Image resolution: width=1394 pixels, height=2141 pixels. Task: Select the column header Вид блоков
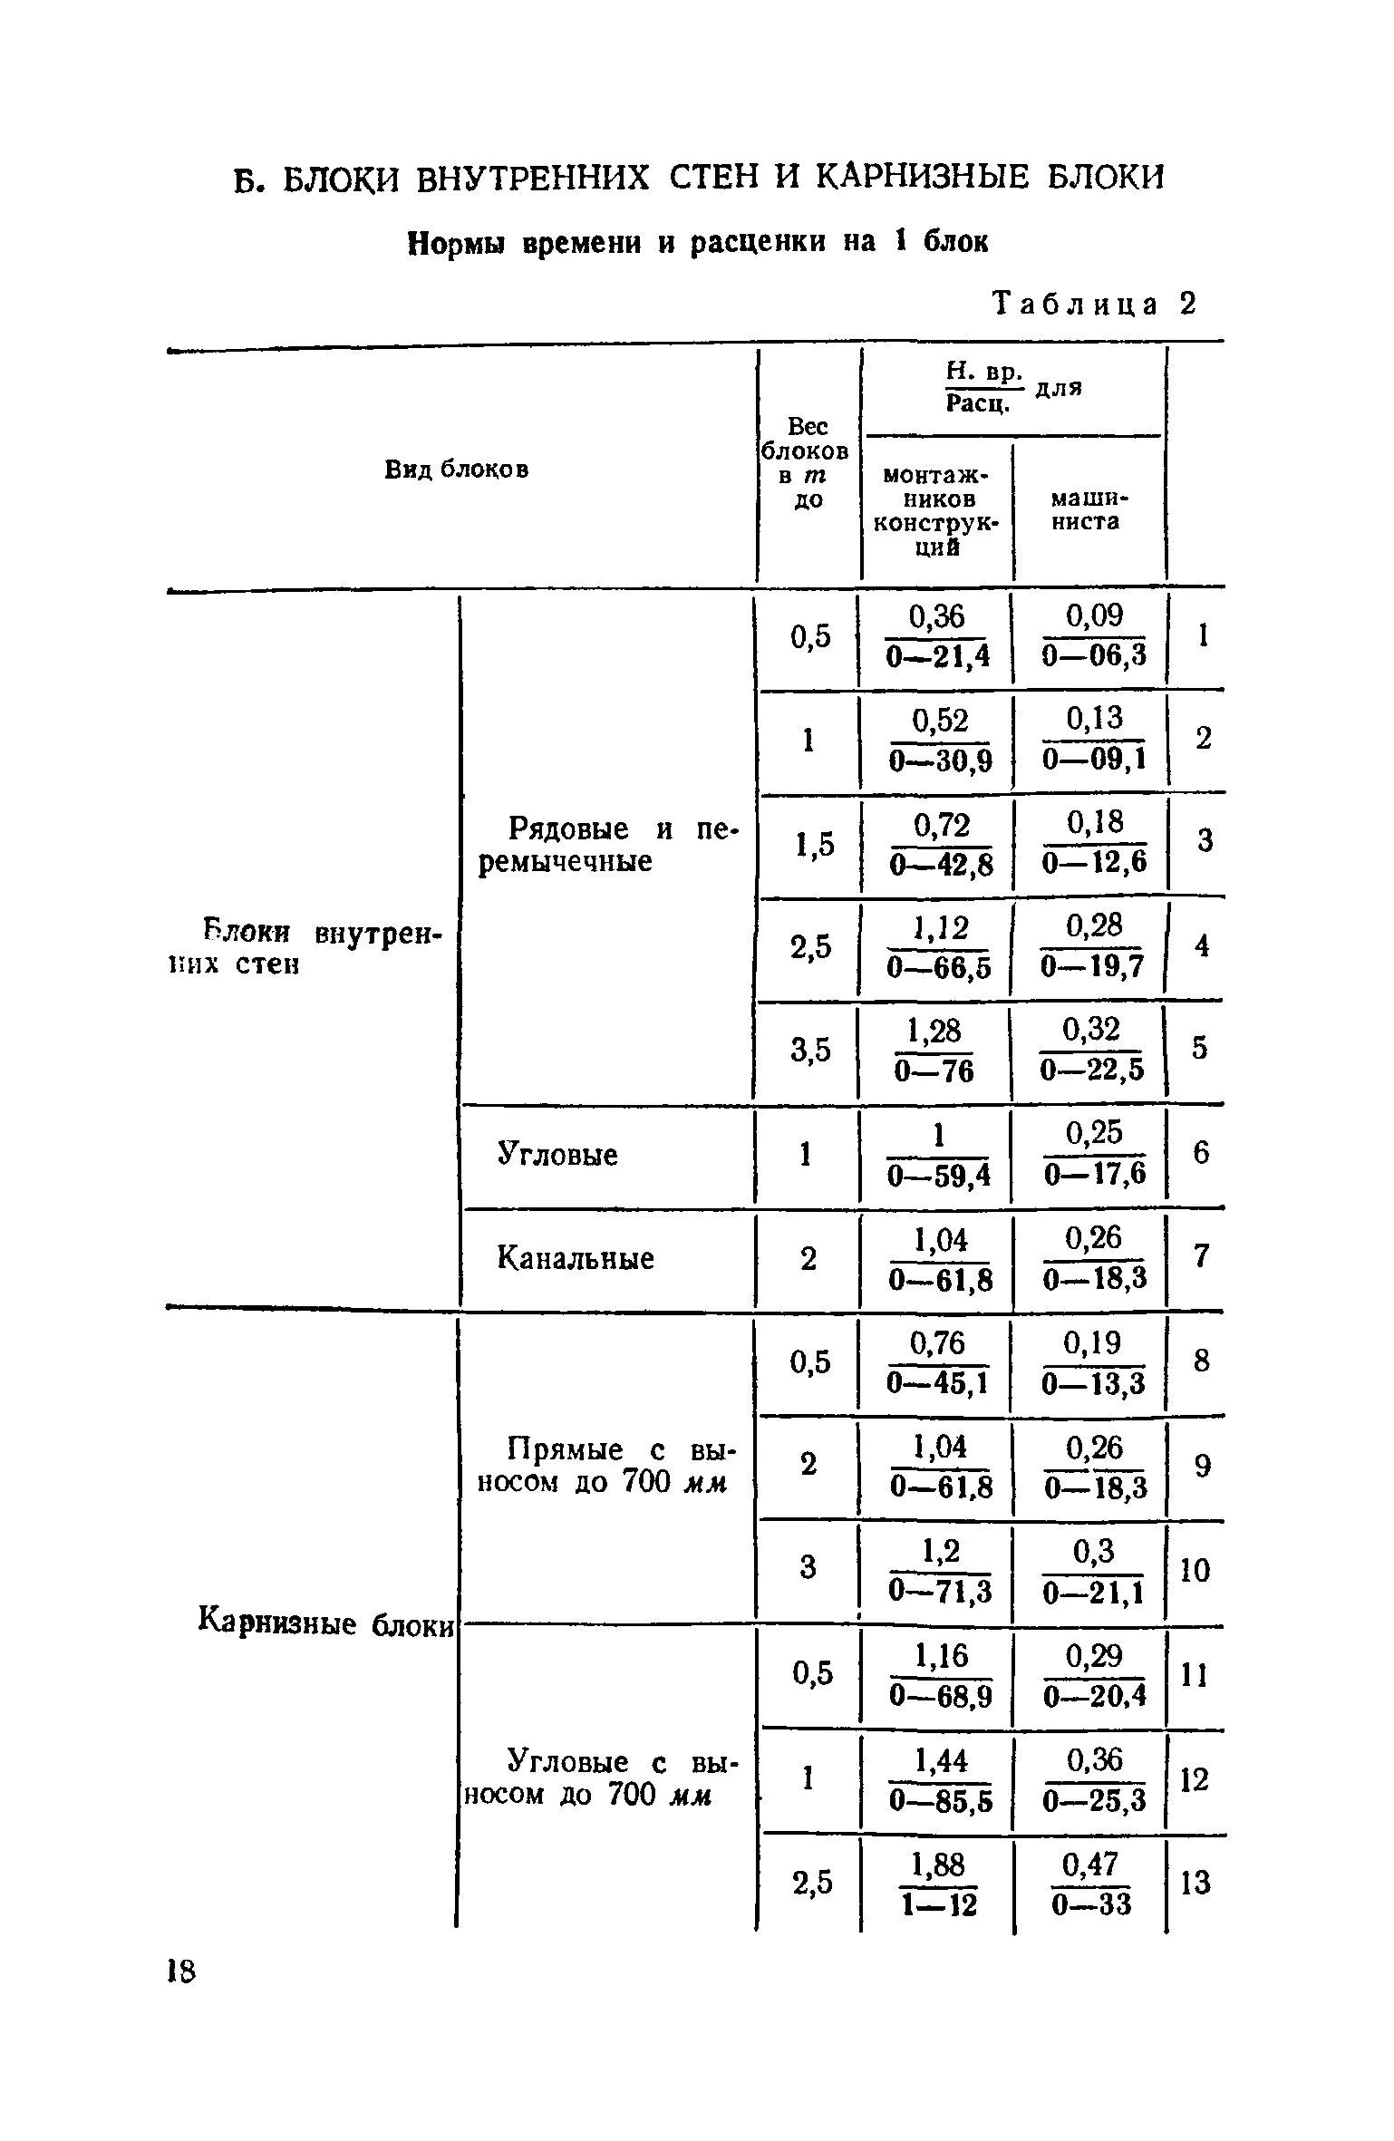pos(457,469)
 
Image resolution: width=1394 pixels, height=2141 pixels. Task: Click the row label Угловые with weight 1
pos(557,1155)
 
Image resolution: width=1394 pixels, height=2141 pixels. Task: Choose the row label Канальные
pos(576,1258)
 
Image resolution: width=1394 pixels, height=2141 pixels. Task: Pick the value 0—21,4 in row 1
pos(938,655)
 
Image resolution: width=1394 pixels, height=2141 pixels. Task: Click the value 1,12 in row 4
pos(940,927)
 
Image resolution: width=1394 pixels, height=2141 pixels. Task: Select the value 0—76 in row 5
pos(934,1072)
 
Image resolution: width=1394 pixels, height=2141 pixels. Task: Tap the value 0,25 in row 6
pos(1094,1133)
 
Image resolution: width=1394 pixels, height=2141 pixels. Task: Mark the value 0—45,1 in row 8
pos(938,1384)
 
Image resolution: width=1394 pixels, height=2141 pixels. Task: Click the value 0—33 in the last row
pos(1092,1906)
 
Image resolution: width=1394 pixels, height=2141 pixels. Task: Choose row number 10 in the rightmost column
pos(1196,1571)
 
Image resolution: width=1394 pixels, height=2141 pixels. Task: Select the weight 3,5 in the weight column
pos(810,1051)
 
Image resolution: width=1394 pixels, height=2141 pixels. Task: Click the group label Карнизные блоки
pos(325,1623)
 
